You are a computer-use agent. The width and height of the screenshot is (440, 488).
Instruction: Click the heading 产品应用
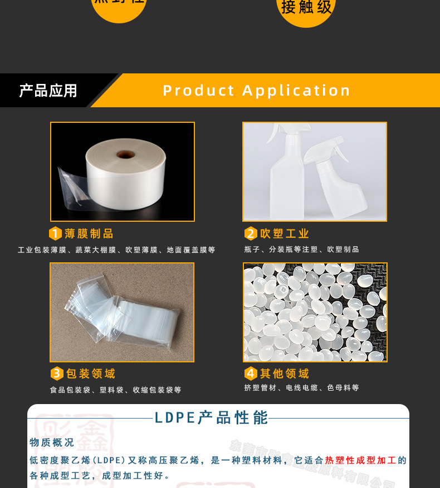pos(48,91)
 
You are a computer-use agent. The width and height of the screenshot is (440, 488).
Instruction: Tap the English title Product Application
pos(257,91)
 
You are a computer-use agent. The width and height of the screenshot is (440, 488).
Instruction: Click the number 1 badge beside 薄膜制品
pos(55,233)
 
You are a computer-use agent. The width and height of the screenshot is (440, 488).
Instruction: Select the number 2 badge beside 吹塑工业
pos(251,233)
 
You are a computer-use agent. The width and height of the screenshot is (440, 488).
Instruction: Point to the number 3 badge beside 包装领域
pos(57,374)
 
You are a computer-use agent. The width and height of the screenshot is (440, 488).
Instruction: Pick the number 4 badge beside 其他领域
pos(251,374)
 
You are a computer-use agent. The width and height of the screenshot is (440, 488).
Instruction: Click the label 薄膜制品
pos(89,233)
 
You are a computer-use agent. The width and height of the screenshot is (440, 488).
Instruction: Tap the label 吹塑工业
pos(285,233)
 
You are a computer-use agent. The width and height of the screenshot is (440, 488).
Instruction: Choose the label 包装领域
pos(91,374)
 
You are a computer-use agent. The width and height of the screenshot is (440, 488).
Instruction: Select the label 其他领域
pos(285,374)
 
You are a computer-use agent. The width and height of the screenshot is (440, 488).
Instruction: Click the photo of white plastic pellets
pos(315,312)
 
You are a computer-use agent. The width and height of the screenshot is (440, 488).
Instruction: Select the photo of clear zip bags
pos(122,312)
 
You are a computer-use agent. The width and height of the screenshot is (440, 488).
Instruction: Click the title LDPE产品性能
pos(211,418)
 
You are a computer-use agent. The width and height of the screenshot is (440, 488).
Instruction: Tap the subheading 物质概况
pos(52,442)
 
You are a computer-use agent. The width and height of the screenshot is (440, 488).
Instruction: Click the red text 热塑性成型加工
pos(360,460)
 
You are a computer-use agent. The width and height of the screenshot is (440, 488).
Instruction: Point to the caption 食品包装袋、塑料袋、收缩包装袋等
pos(115,390)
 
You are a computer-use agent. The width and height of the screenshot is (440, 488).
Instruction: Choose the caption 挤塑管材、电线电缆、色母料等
pos(301,388)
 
